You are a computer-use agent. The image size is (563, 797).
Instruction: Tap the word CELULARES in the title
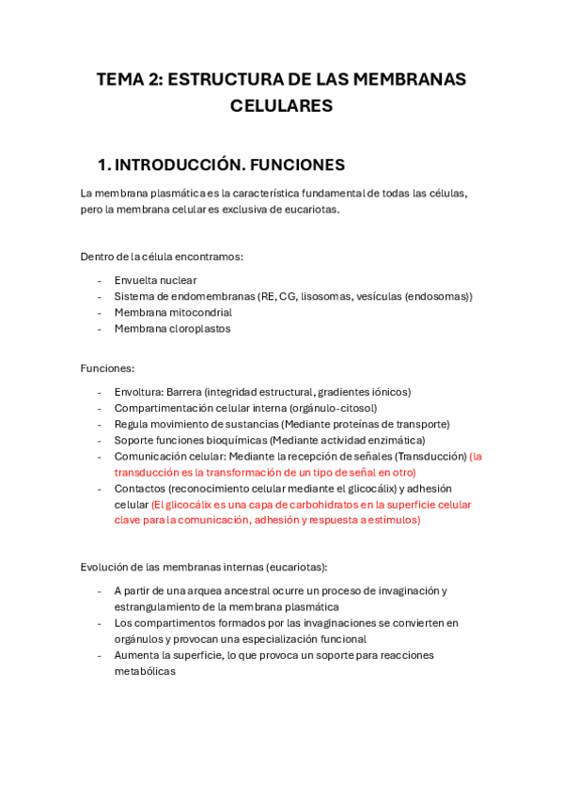click(281, 106)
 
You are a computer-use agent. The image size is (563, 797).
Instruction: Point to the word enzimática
click(395, 440)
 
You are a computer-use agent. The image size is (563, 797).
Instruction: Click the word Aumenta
click(136, 655)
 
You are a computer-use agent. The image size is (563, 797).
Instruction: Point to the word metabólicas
click(145, 671)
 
